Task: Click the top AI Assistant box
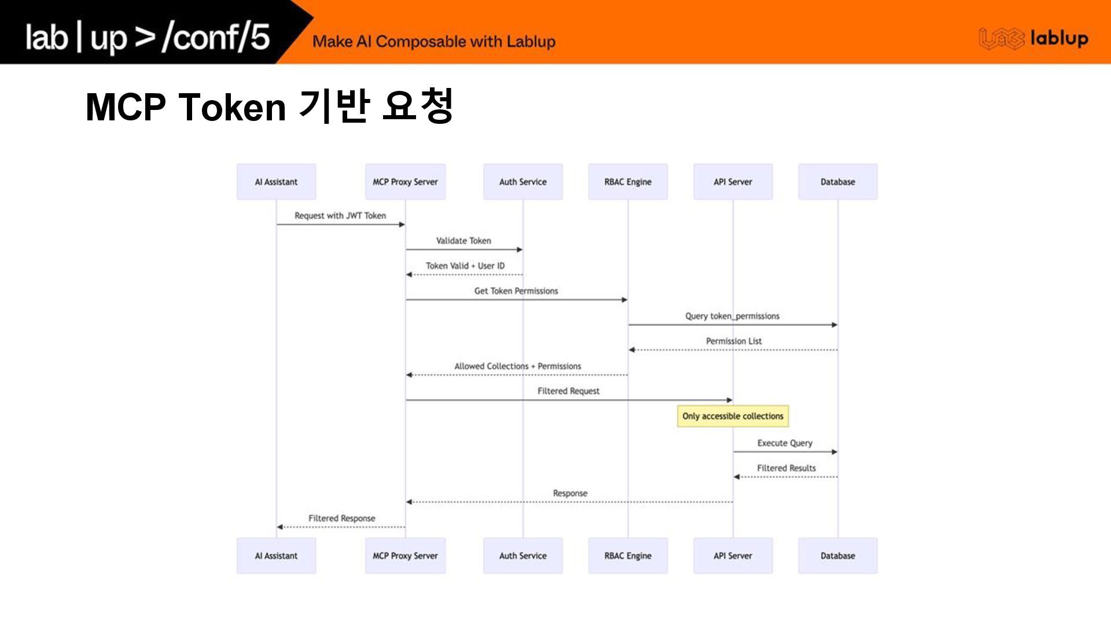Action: (276, 182)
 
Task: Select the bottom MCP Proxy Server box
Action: (405, 556)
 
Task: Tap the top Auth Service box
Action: (523, 182)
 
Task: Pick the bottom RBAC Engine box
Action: (628, 556)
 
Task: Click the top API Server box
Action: (733, 182)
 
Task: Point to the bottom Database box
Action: (837, 556)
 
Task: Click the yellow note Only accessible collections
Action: (733, 416)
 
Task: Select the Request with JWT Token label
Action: (340, 216)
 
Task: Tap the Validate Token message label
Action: (463, 241)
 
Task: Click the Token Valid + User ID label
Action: (465, 266)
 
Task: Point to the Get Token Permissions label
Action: (516, 291)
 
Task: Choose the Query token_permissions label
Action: (732, 316)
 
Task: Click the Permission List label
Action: (734, 341)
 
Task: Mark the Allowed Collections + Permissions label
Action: (517, 366)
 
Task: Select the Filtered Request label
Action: (568, 391)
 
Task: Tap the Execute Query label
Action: (785, 443)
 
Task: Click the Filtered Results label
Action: (786, 468)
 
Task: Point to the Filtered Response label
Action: (341, 519)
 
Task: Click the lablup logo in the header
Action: (1033, 39)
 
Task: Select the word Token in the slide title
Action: (232, 107)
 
